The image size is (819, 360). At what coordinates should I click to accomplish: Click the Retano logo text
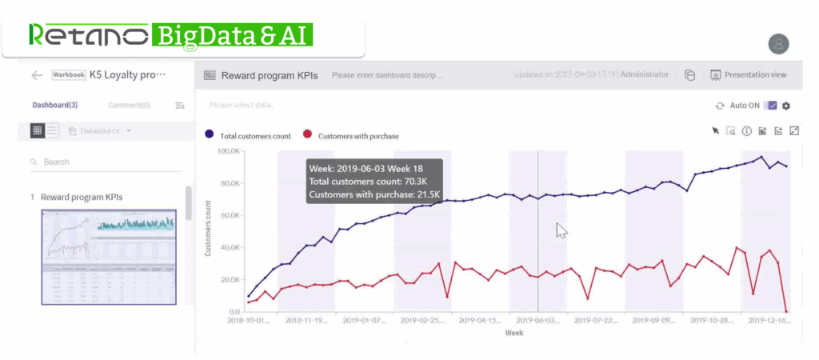click(x=88, y=35)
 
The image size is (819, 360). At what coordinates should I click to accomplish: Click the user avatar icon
click(x=778, y=44)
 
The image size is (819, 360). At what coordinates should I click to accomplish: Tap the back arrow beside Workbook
click(x=37, y=75)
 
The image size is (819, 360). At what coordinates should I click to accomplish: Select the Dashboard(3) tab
click(x=55, y=105)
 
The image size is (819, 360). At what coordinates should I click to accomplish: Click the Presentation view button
click(x=749, y=75)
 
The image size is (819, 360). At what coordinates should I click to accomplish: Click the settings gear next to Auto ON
click(x=786, y=106)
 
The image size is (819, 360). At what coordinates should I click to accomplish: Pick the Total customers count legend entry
click(x=247, y=136)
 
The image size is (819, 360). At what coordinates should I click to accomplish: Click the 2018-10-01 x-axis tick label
click(x=248, y=320)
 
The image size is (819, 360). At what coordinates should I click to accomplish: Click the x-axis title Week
click(x=513, y=333)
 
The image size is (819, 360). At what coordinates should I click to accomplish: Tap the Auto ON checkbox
click(x=772, y=106)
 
